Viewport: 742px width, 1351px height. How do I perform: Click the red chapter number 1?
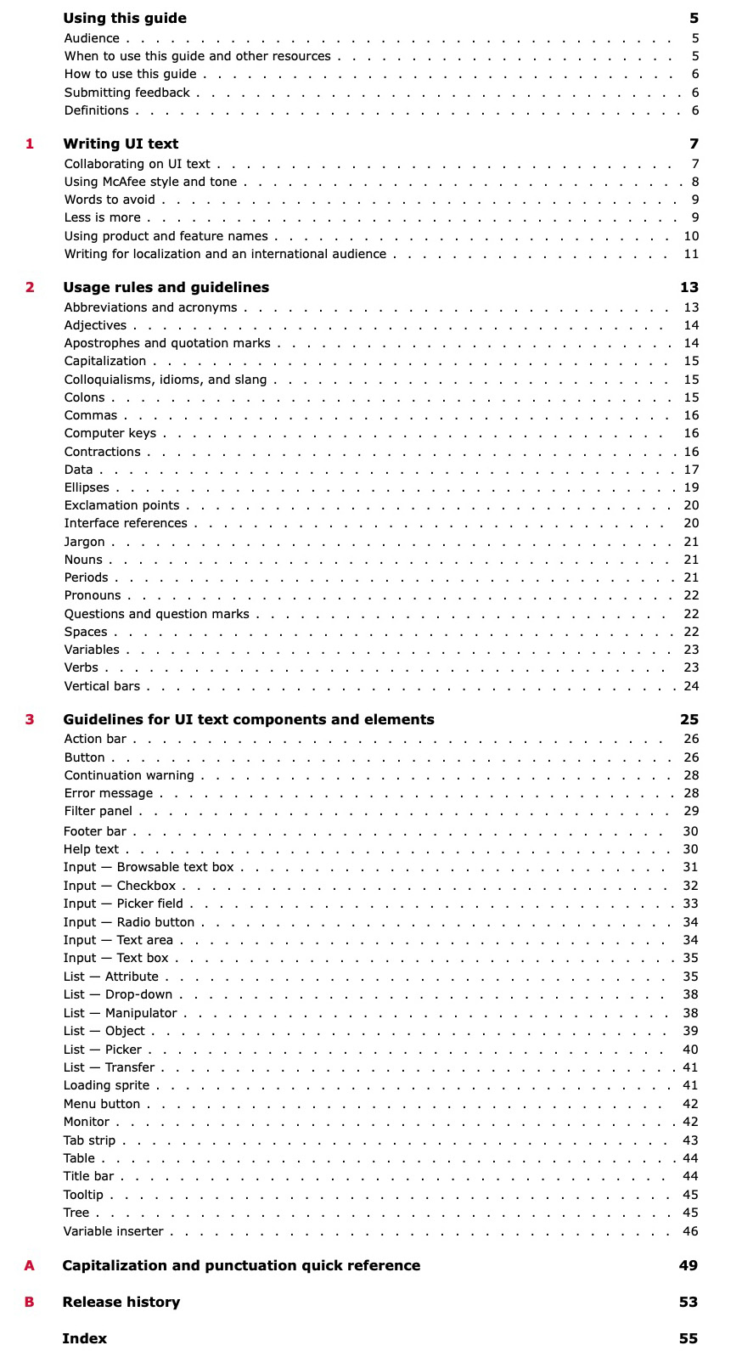(30, 144)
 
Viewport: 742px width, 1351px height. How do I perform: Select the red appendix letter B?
(30, 1302)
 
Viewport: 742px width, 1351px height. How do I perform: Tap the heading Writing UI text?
(121, 144)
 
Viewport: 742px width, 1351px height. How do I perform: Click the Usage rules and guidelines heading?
(166, 288)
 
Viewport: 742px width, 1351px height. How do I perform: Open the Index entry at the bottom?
(85, 1338)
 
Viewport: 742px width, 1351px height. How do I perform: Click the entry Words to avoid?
(110, 200)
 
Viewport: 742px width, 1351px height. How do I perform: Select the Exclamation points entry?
(121, 506)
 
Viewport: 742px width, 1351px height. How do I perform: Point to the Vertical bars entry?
(102, 686)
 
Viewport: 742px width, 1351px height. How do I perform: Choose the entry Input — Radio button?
(129, 922)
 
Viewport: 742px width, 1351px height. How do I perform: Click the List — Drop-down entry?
(118, 994)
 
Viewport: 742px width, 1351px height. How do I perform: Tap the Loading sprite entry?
(106, 1085)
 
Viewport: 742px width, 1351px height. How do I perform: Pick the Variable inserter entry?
(113, 1231)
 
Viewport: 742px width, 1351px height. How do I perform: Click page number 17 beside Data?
(691, 470)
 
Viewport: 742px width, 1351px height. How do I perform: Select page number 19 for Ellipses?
(691, 487)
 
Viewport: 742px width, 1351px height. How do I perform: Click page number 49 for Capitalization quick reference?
(688, 1265)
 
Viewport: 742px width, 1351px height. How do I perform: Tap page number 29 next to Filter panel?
(691, 811)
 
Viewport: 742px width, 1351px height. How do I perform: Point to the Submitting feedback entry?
(127, 93)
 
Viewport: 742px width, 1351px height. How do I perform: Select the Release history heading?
(121, 1302)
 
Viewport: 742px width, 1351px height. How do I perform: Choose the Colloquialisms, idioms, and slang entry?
(166, 380)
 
